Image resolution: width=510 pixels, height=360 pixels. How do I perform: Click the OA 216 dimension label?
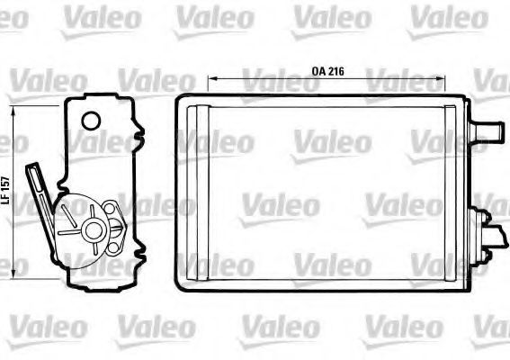click(x=327, y=71)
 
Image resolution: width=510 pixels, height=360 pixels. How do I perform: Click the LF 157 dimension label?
click(x=5, y=191)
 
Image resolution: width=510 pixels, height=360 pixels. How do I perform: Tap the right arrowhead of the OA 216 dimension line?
click(x=441, y=78)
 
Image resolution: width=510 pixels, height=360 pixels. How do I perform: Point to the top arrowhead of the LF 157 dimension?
click(x=13, y=111)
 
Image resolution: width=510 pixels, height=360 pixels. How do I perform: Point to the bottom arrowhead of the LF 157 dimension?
click(x=13, y=274)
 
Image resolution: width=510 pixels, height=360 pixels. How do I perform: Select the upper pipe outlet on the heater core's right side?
click(x=487, y=131)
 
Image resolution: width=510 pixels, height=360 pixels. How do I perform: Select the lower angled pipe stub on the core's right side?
click(x=496, y=237)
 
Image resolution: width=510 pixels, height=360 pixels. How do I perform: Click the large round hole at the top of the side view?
click(x=91, y=121)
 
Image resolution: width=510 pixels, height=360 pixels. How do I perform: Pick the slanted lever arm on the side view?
click(x=40, y=202)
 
